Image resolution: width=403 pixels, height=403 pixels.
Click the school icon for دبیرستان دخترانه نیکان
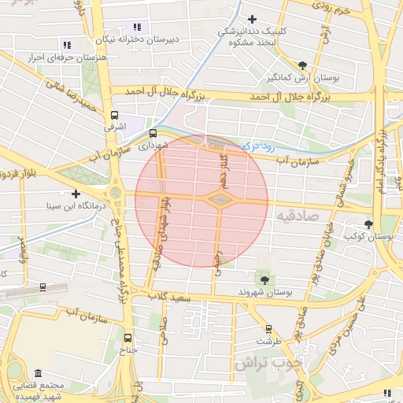pyautogui.click(x=139, y=28)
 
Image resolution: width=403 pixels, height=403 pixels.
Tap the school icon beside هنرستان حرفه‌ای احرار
pyautogui.click(x=66, y=45)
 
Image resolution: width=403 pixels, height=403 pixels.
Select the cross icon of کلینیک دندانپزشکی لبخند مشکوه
pyautogui.click(x=252, y=19)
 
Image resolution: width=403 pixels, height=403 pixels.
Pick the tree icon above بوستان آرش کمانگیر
pyautogui.click(x=303, y=65)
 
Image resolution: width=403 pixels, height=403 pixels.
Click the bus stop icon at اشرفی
pyautogui.click(x=115, y=114)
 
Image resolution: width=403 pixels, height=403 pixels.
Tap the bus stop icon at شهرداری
pyautogui.click(x=153, y=133)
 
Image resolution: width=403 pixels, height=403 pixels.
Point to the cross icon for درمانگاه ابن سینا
pyautogui.click(x=76, y=194)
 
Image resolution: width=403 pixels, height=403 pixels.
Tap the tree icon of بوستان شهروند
pyautogui.click(x=264, y=279)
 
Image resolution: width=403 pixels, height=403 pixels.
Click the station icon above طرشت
pyautogui.click(x=268, y=329)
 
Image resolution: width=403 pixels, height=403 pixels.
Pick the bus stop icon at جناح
pyautogui.click(x=128, y=338)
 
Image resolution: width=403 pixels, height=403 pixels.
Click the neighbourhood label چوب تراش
pyautogui.click(x=261, y=364)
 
